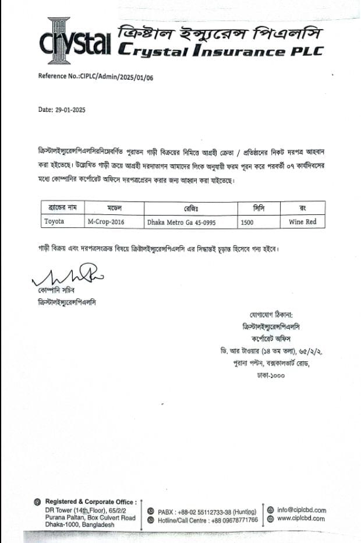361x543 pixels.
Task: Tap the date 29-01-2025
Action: tap(62, 110)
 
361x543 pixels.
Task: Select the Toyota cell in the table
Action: tap(55, 221)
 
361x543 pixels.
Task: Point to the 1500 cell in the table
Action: tap(247, 221)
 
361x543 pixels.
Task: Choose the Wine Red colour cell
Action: tap(302, 221)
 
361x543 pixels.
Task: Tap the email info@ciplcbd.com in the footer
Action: tap(302, 510)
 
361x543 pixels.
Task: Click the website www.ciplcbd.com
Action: tap(300, 519)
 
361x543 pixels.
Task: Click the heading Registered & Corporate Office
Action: tap(91, 502)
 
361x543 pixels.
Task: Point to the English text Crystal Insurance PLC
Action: tap(220, 51)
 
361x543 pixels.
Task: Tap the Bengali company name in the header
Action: tap(220, 31)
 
